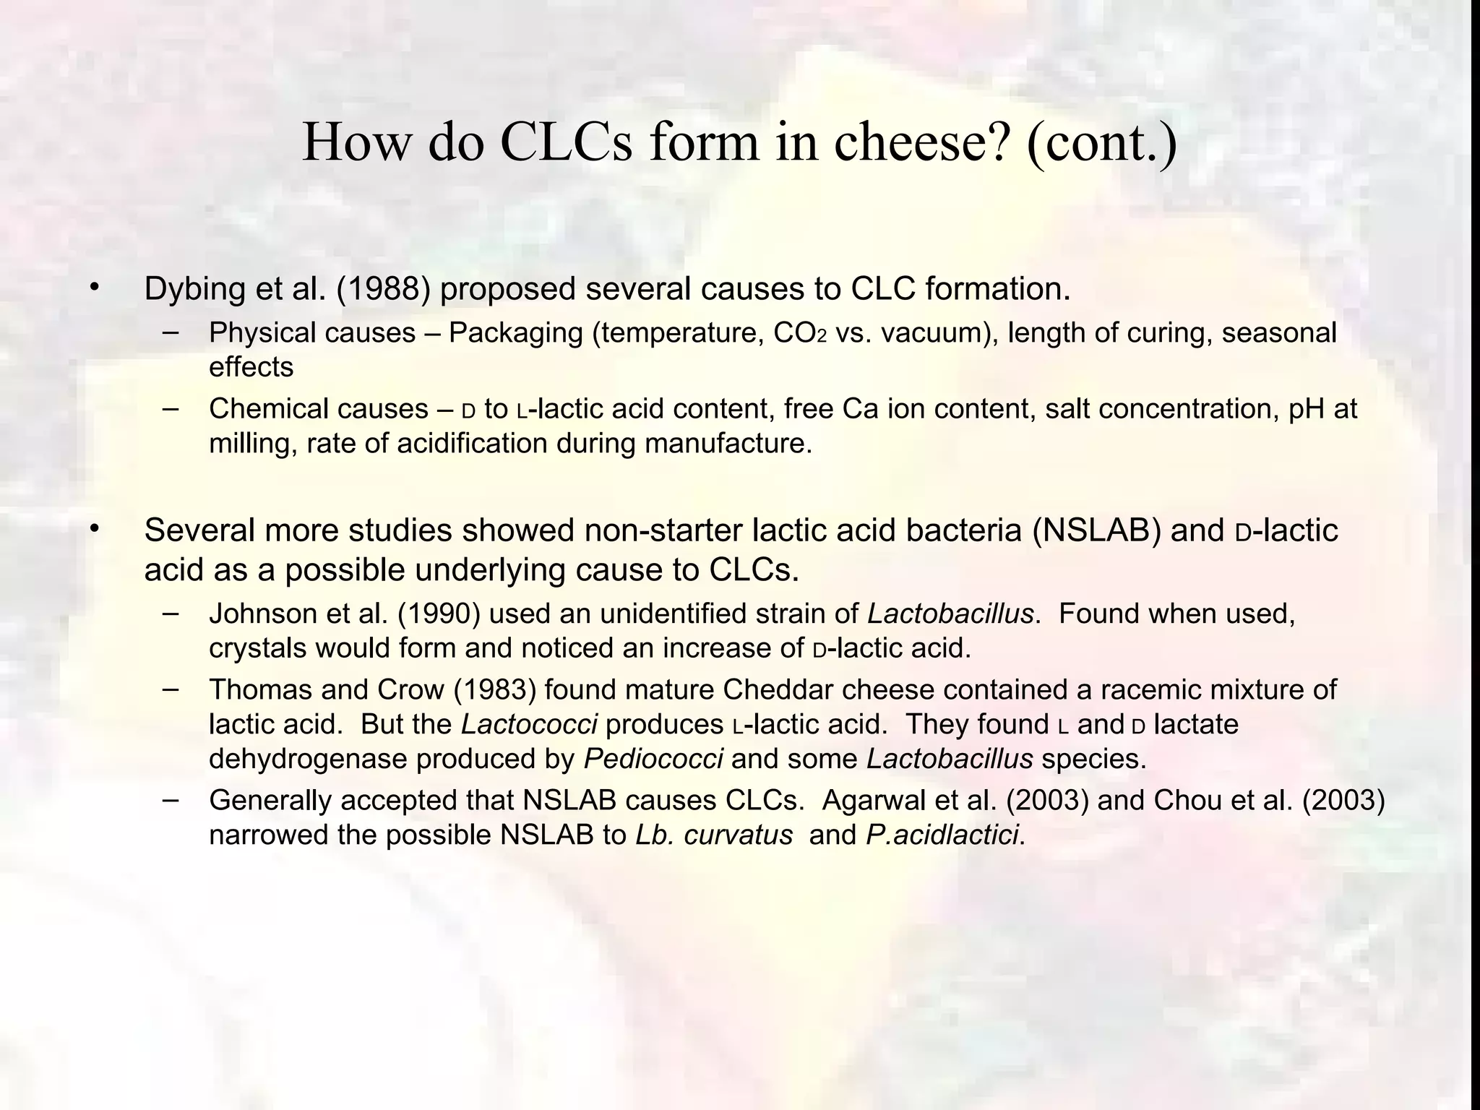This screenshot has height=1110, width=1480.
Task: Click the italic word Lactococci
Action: [x=529, y=725]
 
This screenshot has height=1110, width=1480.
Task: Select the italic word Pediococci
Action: [x=653, y=760]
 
